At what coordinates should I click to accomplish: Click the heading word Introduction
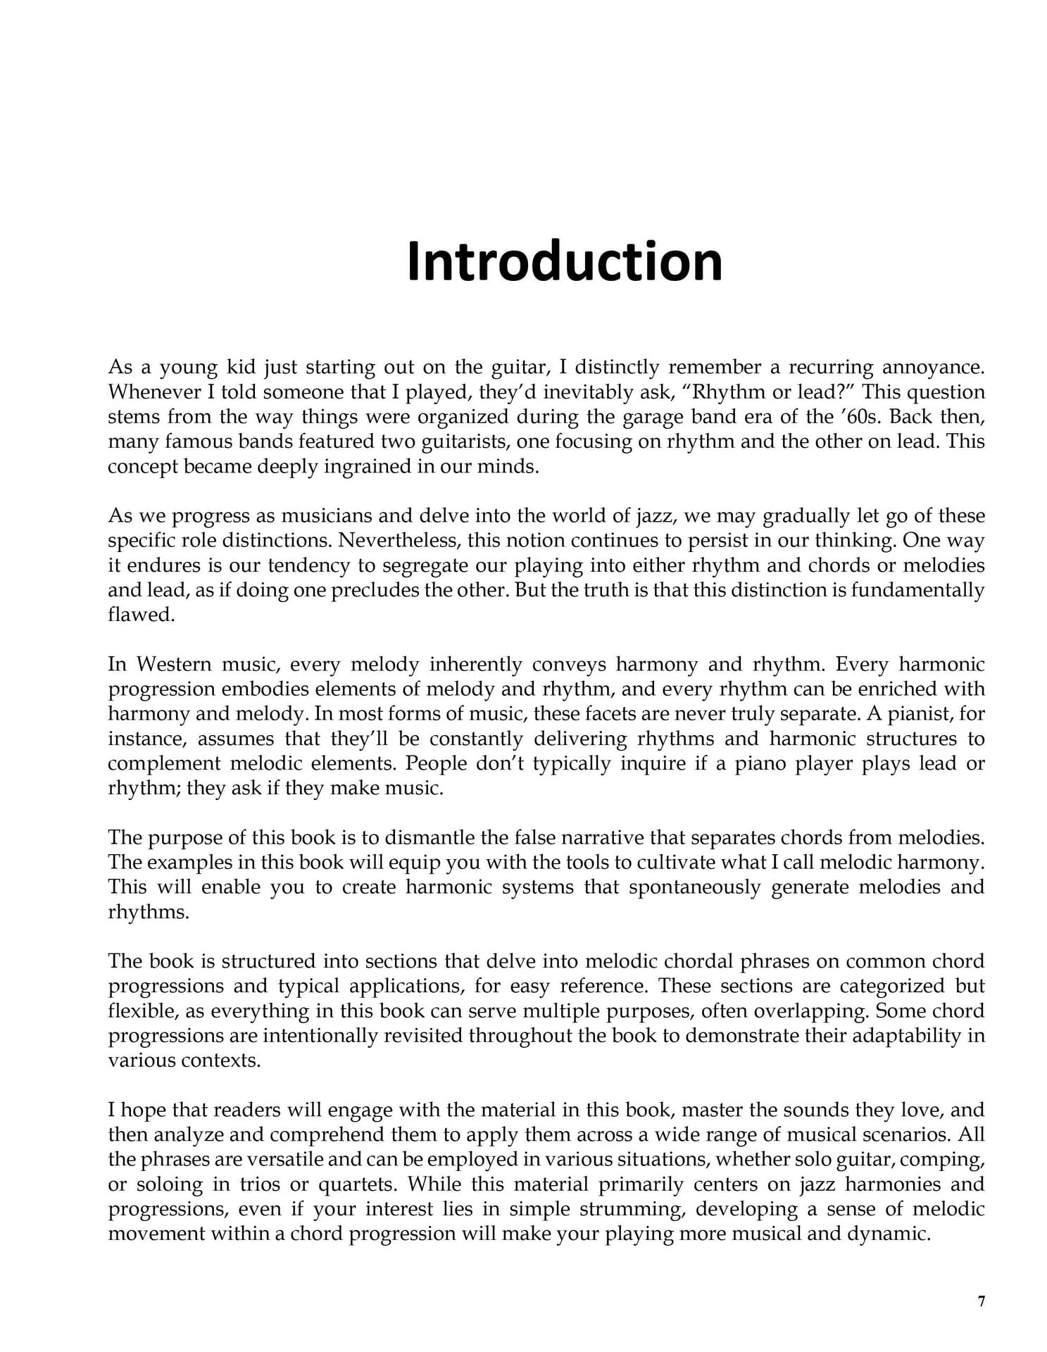point(564,261)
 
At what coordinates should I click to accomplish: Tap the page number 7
point(981,1301)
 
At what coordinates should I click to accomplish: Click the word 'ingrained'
point(366,466)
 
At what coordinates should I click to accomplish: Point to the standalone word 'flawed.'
point(141,614)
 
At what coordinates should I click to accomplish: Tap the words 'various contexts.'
point(184,1060)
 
